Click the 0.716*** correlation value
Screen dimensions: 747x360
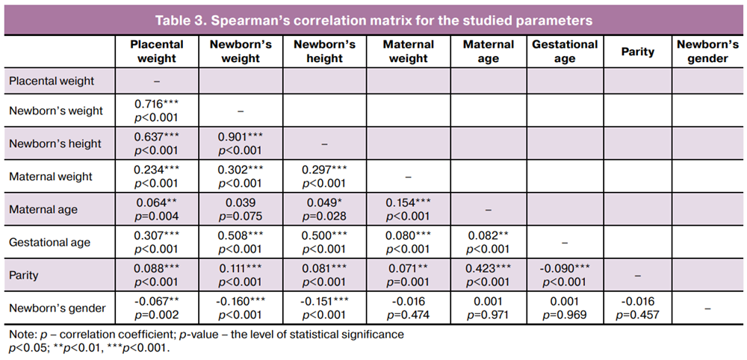pyautogui.click(x=157, y=104)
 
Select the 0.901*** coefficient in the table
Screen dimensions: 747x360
pyautogui.click(x=240, y=137)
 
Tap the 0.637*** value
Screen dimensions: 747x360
pyautogui.click(x=157, y=137)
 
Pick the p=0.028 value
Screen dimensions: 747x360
pyautogui.click(x=324, y=217)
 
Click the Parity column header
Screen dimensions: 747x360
pyautogui.click(x=638, y=52)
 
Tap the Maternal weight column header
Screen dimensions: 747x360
pyautogui.click(x=408, y=52)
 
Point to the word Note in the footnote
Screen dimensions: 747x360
pyautogui.click(x=18, y=335)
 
